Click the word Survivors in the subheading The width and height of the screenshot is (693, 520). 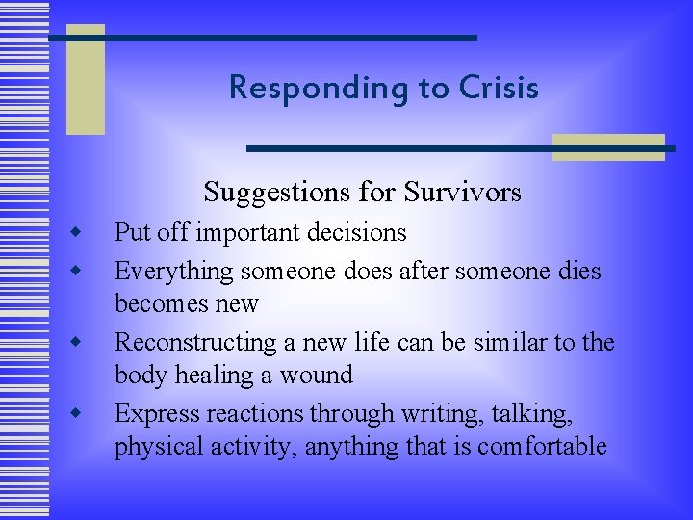pyautogui.click(x=466, y=193)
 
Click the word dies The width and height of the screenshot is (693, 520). pyautogui.click(x=579, y=272)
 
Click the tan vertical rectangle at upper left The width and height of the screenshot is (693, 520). pyautogui.click(x=85, y=79)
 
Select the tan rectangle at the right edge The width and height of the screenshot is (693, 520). pyautogui.click(x=609, y=146)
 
